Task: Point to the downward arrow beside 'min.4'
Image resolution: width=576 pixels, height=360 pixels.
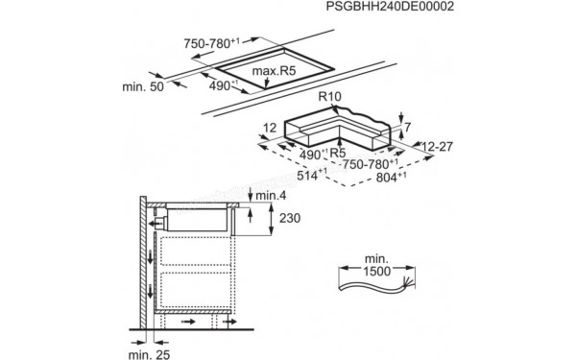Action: pos(251,196)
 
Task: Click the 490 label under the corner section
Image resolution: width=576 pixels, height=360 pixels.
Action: pos(310,153)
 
